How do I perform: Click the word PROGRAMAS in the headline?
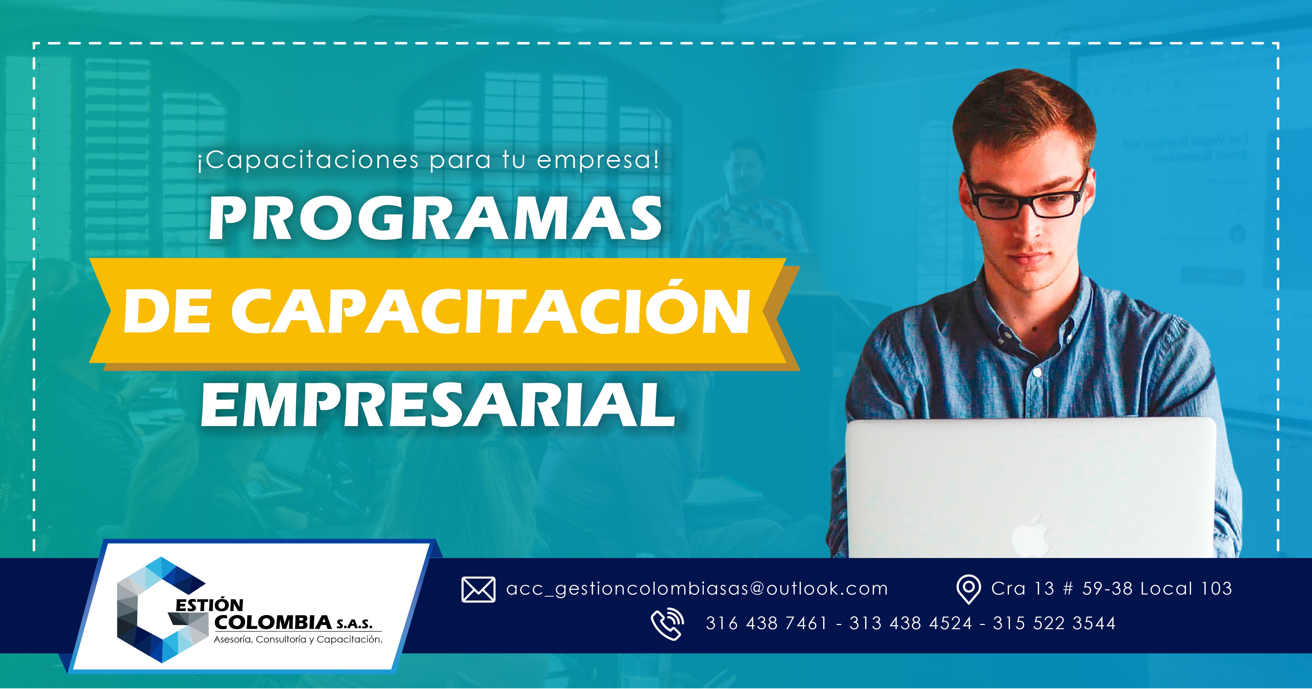(x=436, y=220)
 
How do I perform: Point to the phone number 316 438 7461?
(x=766, y=623)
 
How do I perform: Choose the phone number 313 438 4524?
(x=911, y=623)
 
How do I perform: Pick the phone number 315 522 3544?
(x=1054, y=623)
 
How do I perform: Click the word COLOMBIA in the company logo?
(x=273, y=622)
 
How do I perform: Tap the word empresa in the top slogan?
(x=592, y=160)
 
